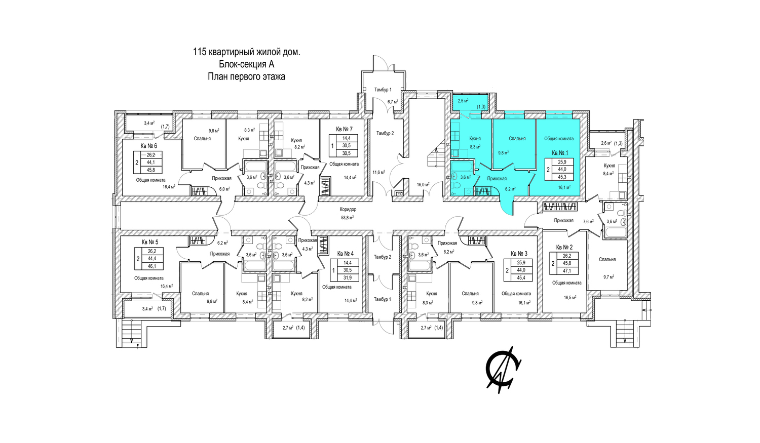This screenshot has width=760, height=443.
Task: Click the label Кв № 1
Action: coord(560,153)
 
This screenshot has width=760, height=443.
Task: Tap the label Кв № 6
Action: coord(149,146)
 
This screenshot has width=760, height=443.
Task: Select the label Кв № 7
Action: coord(344,129)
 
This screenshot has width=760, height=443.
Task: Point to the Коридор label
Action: coord(348,210)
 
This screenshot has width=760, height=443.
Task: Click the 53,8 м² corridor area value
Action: coord(348,218)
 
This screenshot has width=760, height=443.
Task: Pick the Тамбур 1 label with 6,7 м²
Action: coord(383,90)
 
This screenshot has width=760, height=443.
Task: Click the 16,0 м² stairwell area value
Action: coord(424,185)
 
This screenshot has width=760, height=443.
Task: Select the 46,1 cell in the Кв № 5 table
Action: coord(152,266)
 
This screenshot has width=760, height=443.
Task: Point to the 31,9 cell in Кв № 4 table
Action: coord(347,278)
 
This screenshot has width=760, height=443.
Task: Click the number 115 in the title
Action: coord(199,52)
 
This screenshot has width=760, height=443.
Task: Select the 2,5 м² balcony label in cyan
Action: coord(463,101)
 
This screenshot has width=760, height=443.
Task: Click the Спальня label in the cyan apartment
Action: coord(517,139)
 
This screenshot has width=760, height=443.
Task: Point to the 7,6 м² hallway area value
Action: coord(588,222)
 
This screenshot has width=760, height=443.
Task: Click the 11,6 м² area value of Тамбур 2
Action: coord(378,172)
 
